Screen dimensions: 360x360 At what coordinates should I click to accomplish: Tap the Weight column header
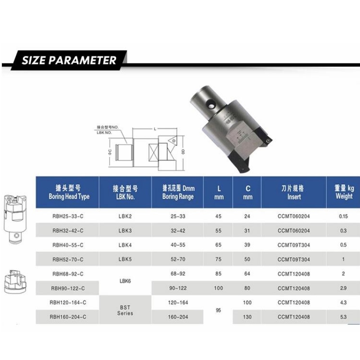[x=344, y=192]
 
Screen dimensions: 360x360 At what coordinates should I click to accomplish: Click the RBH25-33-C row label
[x=68, y=216]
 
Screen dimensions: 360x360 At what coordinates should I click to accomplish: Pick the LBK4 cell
[x=125, y=245]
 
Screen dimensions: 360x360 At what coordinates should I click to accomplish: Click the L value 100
[x=218, y=288]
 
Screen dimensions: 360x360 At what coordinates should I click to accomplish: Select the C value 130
[x=247, y=316]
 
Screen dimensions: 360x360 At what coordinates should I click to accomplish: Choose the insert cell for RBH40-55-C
[x=294, y=245]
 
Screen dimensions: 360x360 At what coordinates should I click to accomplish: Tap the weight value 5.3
[x=343, y=316]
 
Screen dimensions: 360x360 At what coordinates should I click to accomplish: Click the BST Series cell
[x=125, y=310]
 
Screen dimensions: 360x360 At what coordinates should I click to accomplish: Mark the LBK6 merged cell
[x=125, y=280]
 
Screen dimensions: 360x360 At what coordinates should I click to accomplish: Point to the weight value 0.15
[x=343, y=216]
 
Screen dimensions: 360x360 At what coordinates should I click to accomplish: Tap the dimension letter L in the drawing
[x=155, y=129]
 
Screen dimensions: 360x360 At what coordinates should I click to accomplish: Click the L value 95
[x=218, y=310]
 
